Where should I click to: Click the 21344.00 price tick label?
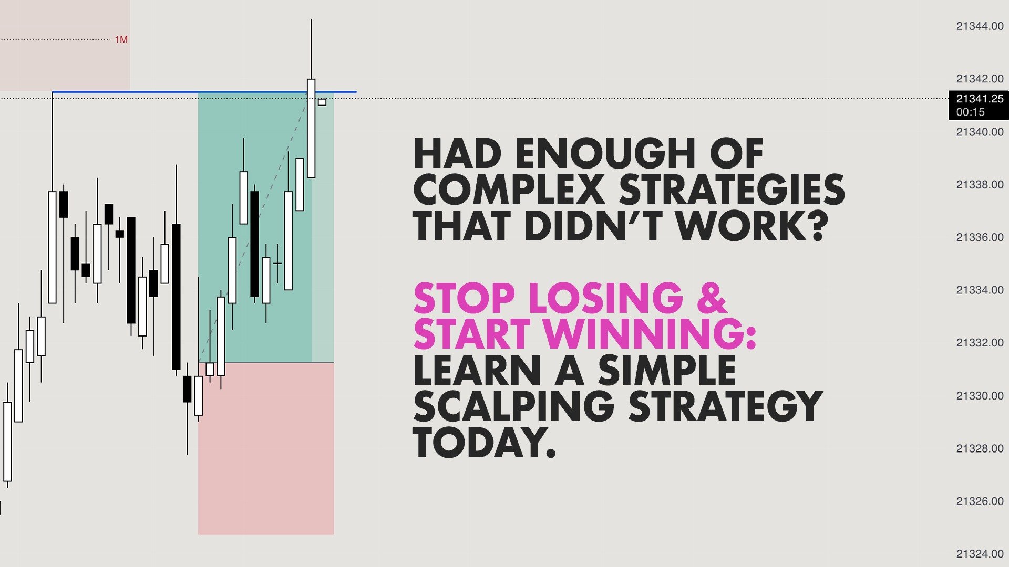[x=980, y=26]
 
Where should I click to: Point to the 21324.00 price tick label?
[x=980, y=554]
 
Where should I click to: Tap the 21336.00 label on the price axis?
[x=980, y=237]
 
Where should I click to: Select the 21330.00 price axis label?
[x=980, y=396]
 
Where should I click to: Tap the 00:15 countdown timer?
[x=970, y=112]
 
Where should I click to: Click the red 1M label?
[x=121, y=39]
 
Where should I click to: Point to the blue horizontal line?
[x=204, y=92]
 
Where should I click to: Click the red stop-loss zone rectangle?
[x=266, y=448]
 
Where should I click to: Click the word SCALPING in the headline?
[x=513, y=406]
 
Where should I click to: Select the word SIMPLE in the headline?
[x=667, y=370]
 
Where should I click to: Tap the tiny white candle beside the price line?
[x=322, y=102]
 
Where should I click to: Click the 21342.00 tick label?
[x=980, y=79]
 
